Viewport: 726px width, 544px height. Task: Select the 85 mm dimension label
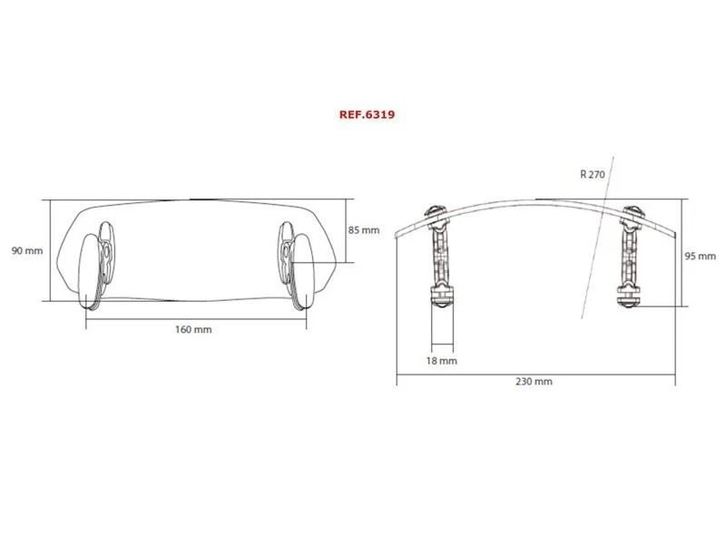click(x=364, y=230)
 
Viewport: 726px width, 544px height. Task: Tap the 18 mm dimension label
click(x=442, y=360)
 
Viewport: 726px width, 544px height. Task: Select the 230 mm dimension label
click(x=535, y=382)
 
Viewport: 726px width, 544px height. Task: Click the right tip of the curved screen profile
click(x=676, y=233)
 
